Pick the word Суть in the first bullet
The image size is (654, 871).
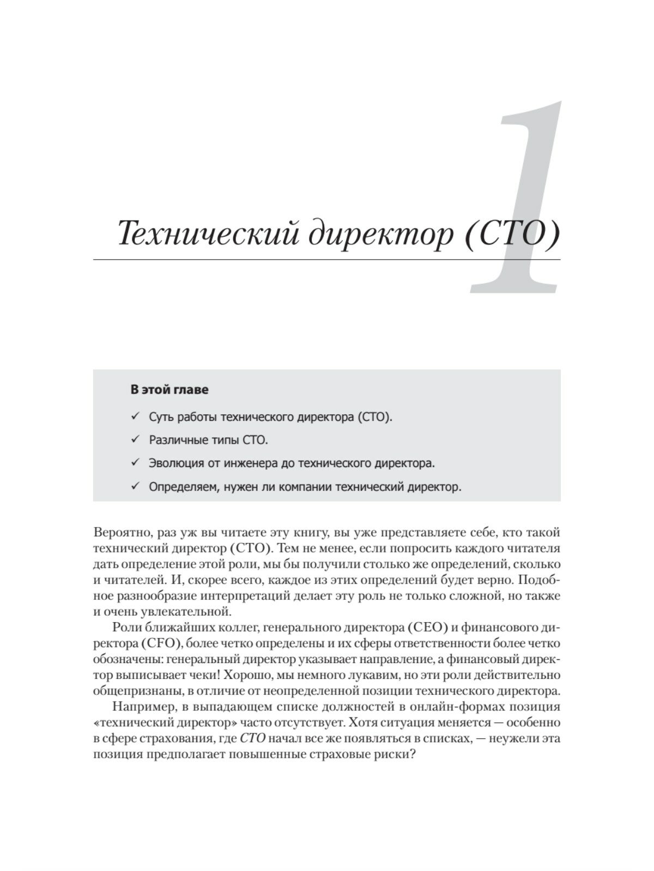pyautogui.click(x=161, y=417)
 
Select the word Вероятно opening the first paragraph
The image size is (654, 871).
pyautogui.click(x=120, y=532)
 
